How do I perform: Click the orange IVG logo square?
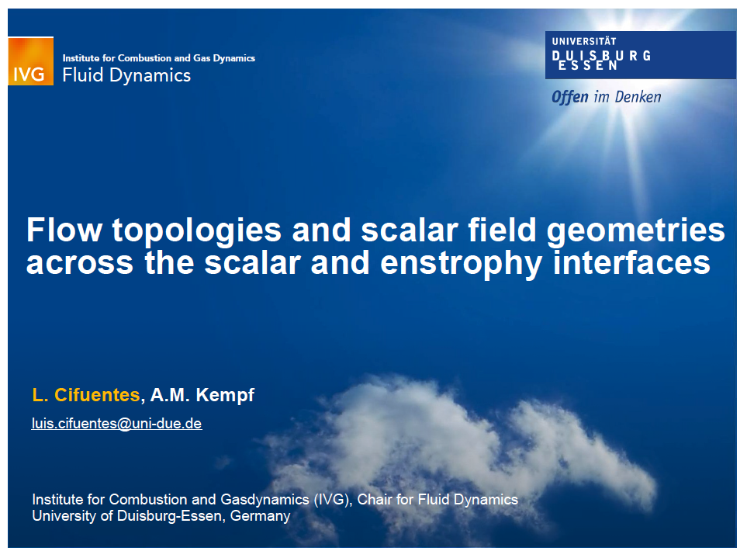tap(30, 61)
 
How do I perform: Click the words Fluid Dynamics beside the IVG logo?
tap(126, 75)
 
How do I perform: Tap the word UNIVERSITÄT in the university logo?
tap(584, 41)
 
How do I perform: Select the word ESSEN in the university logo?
tap(588, 66)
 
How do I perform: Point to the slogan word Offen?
tap(570, 97)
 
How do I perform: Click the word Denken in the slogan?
tap(638, 97)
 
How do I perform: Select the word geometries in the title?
tap(635, 231)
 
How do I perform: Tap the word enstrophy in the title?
tap(462, 265)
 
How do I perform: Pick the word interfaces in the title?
tap(631, 262)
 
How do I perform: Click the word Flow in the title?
tap(64, 230)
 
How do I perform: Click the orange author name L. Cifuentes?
tap(86, 395)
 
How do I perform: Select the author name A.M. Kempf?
tap(202, 396)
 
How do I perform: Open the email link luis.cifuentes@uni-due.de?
tap(116, 424)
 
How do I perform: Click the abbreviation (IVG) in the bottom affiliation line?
tap(333, 500)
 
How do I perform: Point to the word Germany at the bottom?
tap(260, 516)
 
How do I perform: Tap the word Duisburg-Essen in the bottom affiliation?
tap(169, 516)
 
